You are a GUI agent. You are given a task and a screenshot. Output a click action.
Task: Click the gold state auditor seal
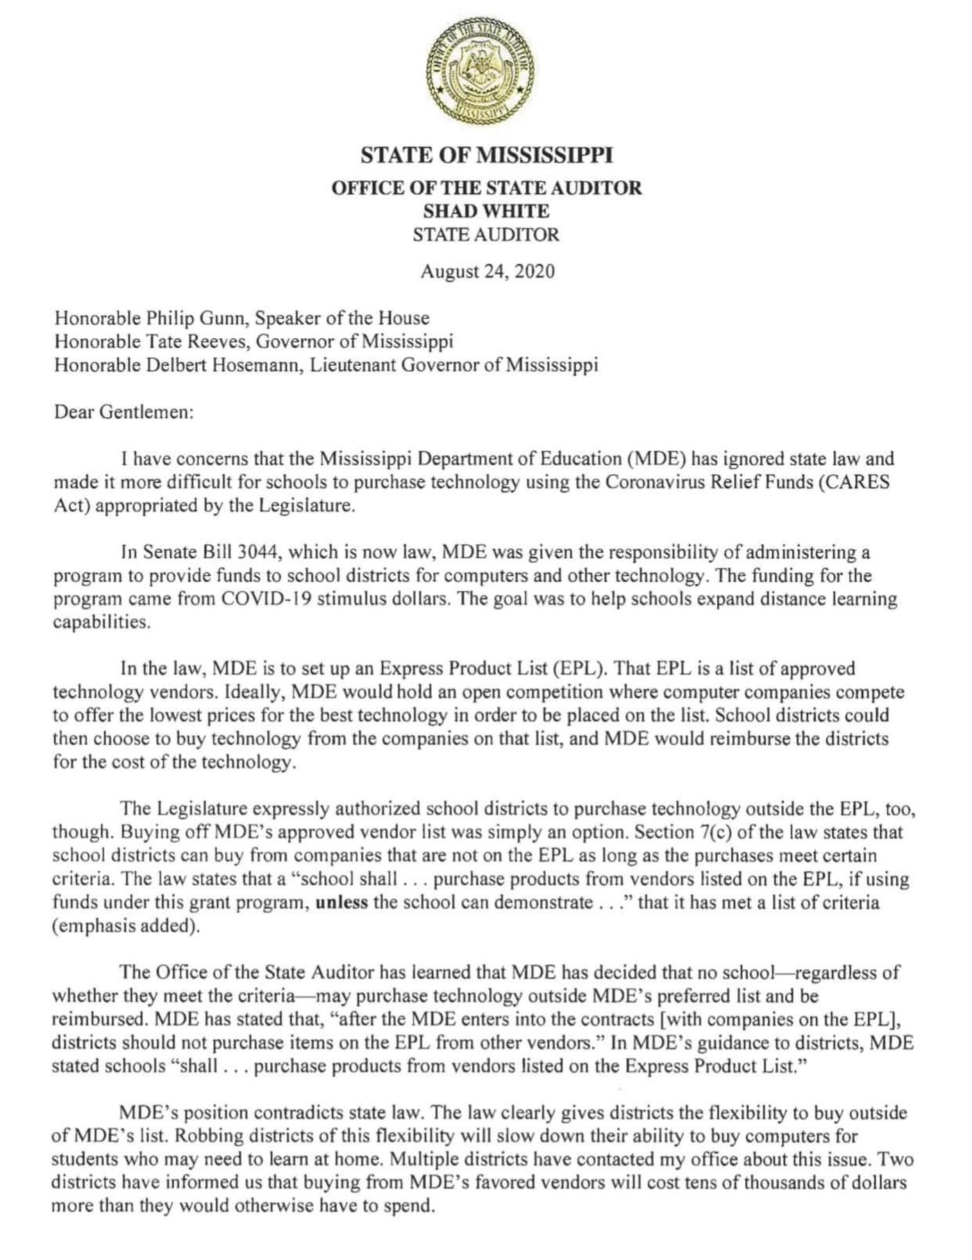click(485, 71)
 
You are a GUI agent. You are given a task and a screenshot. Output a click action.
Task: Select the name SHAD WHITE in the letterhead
click(486, 211)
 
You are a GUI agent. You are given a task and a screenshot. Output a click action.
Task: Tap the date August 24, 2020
click(487, 271)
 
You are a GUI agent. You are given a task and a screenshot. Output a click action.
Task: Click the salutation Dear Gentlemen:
click(123, 412)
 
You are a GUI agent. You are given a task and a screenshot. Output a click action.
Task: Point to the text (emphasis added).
click(126, 927)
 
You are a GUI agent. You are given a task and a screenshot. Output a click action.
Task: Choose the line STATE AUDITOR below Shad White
click(486, 235)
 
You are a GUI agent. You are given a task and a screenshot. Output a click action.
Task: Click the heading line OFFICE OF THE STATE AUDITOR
click(486, 187)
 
